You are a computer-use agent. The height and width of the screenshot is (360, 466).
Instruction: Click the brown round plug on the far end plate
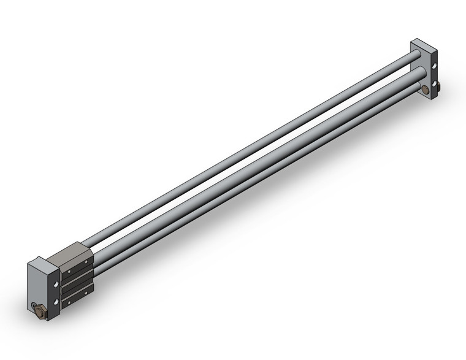coord(425,90)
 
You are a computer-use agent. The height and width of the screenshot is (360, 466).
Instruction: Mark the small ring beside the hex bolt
coord(32,306)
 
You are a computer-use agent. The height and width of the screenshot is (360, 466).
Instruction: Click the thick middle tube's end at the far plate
coord(419,74)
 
